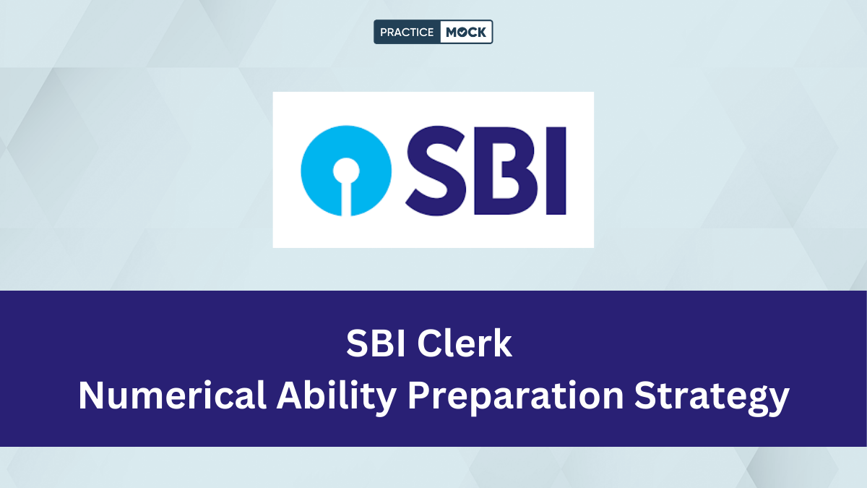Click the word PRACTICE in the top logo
click(x=406, y=32)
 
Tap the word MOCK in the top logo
click(x=465, y=32)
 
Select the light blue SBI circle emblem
click(x=346, y=171)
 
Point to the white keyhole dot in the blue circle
click(x=346, y=171)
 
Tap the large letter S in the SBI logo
click(x=436, y=171)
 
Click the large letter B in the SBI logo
click(x=505, y=171)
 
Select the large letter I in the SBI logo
click(x=556, y=171)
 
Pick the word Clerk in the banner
click(x=465, y=343)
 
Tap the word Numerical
click(x=172, y=395)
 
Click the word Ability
click(x=336, y=398)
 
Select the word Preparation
click(x=516, y=398)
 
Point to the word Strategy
click(x=712, y=398)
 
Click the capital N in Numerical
click(x=91, y=395)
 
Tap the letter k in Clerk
click(x=502, y=343)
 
